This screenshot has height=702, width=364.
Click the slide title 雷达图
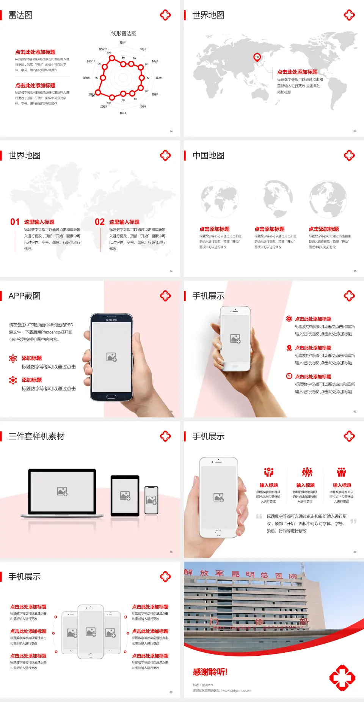click(x=20, y=15)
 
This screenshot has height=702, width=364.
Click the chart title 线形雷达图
click(x=124, y=33)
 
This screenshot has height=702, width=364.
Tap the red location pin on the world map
click(x=257, y=57)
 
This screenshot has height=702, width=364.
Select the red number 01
click(x=15, y=222)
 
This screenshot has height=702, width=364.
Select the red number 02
click(x=100, y=222)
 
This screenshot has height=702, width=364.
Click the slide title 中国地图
click(x=208, y=156)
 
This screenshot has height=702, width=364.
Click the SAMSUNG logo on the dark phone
click(x=111, y=320)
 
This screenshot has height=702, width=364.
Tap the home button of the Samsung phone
click(x=111, y=397)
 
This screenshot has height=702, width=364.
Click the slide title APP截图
click(x=24, y=296)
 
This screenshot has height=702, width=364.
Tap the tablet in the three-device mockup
click(x=125, y=495)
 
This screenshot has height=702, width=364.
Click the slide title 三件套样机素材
click(x=36, y=436)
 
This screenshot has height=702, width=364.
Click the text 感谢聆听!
click(x=210, y=672)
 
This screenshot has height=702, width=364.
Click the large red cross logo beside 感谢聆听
click(x=342, y=678)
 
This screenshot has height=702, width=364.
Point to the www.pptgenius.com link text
click(x=237, y=691)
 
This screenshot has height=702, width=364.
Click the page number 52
click(x=171, y=131)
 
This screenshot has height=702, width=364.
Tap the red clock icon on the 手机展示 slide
click(x=289, y=376)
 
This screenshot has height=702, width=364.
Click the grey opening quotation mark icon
click(x=259, y=516)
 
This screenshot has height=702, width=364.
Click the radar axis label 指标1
click(x=123, y=42)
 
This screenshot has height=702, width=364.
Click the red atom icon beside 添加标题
click(x=13, y=359)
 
